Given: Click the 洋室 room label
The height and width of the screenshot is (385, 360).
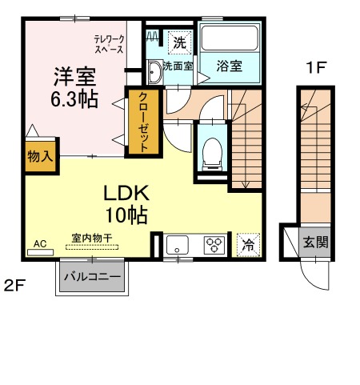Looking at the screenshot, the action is pyautogui.click(x=74, y=77).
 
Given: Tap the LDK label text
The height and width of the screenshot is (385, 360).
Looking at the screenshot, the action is pyautogui.click(x=126, y=194).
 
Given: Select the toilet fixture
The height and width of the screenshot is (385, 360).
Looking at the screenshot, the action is pyautogui.click(x=212, y=154).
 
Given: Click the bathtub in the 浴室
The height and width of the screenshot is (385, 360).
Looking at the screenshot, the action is pyautogui.click(x=230, y=38).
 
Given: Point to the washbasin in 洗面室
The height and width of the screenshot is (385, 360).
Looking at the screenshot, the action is pyautogui.click(x=154, y=72).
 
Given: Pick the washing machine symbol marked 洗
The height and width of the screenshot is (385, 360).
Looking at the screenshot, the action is pyautogui.click(x=180, y=42).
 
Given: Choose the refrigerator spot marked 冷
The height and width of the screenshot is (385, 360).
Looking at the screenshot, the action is pyautogui.click(x=248, y=245).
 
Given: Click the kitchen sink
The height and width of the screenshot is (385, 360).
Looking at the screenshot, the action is pyautogui.click(x=178, y=245).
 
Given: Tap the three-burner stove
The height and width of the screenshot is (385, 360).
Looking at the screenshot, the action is pyautogui.click(x=214, y=245).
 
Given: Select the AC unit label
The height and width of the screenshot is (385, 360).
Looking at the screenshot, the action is pyautogui.click(x=40, y=243).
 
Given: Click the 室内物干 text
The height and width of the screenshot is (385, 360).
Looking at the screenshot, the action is pyautogui.click(x=92, y=239).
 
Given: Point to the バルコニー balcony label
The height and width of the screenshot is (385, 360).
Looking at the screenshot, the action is pyautogui.click(x=92, y=277).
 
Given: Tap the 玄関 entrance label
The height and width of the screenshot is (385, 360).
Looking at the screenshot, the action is pyautogui.click(x=315, y=243).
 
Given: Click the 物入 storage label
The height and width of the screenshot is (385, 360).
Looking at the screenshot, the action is pyautogui.click(x=41, y=156).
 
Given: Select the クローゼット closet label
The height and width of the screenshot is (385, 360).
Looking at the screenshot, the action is pyautogui.click(x=143, y=122).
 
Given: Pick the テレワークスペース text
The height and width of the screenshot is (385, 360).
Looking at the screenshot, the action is pyautogui.click(x=109, y=44).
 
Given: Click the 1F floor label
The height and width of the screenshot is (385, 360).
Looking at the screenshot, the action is pyautogui.click(x=316, y=67).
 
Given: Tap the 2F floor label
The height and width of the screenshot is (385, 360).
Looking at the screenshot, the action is pyautogui.click(x=14, y=287).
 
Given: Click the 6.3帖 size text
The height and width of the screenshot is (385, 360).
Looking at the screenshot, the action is pyautogui.click(x=74, y=99).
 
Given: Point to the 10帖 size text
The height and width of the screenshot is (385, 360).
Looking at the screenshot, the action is pyautogui.click(x=126, y=215).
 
